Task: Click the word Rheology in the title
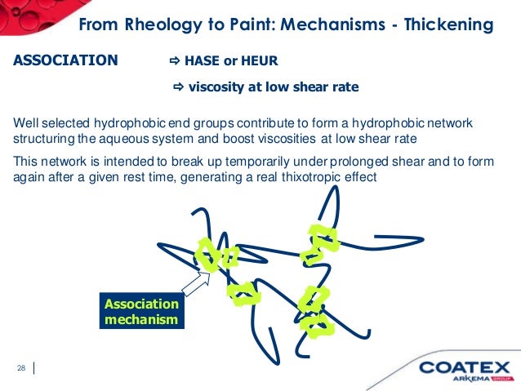(x=160, y=25)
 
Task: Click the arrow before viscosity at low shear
(x=179, y=87)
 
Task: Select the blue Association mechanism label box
(x=141, y=311)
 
